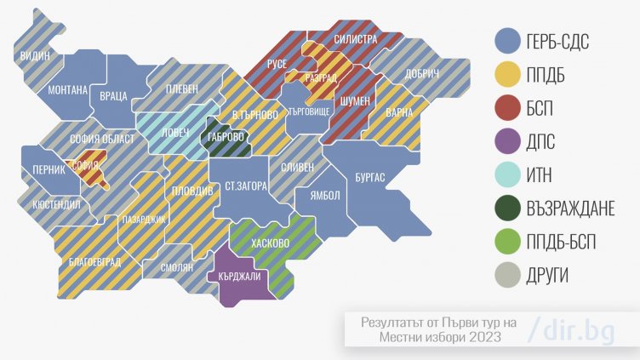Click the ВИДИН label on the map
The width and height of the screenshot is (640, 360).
35,56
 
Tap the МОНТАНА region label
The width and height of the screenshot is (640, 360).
68,89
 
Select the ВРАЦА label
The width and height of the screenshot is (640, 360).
113,96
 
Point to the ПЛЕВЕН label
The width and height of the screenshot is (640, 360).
181,88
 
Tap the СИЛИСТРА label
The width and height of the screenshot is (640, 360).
356,38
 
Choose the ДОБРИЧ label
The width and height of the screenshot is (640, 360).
422,75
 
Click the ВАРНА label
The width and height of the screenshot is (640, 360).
398,112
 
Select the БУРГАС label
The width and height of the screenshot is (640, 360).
370,176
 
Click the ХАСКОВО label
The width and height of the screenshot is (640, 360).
271,243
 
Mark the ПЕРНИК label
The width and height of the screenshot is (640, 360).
49,169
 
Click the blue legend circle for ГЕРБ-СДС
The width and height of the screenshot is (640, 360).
508,39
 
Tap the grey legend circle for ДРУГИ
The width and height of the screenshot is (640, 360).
508,276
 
